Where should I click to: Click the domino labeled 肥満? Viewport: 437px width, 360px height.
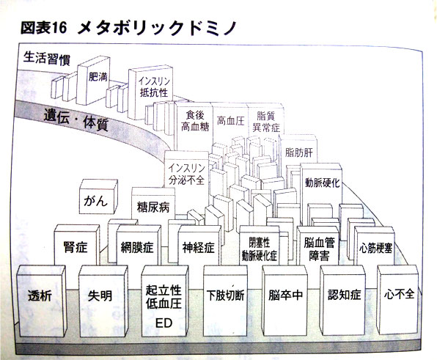tap(94, 80)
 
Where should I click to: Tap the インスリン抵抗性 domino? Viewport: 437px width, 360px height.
tap(150, 92)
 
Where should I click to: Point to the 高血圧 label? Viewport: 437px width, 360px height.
tap(230, 121)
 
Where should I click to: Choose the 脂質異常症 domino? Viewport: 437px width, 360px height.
tap(266, 121)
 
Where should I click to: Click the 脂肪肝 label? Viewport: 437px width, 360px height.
tap(299, 153)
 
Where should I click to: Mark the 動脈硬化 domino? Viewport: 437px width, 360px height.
tap(321, 192)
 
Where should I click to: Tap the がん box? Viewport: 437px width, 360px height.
tap(98, 196)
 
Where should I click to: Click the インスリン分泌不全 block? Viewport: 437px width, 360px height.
tap(186, 173)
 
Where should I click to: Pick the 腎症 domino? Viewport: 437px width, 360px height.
tap(76, 245)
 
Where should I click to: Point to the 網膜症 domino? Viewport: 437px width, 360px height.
tap(139, 246)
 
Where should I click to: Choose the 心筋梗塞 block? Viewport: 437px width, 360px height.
tap(375, 246)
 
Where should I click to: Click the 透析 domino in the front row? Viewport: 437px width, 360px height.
tap(41, 301)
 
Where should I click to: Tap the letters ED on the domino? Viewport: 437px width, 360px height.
tap(164, 323)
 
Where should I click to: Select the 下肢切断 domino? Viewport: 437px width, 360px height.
tap(225, 301)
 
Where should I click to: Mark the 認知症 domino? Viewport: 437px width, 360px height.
tap(343, 300)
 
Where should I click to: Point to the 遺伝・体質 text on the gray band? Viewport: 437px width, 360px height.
tap(76, 121)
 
